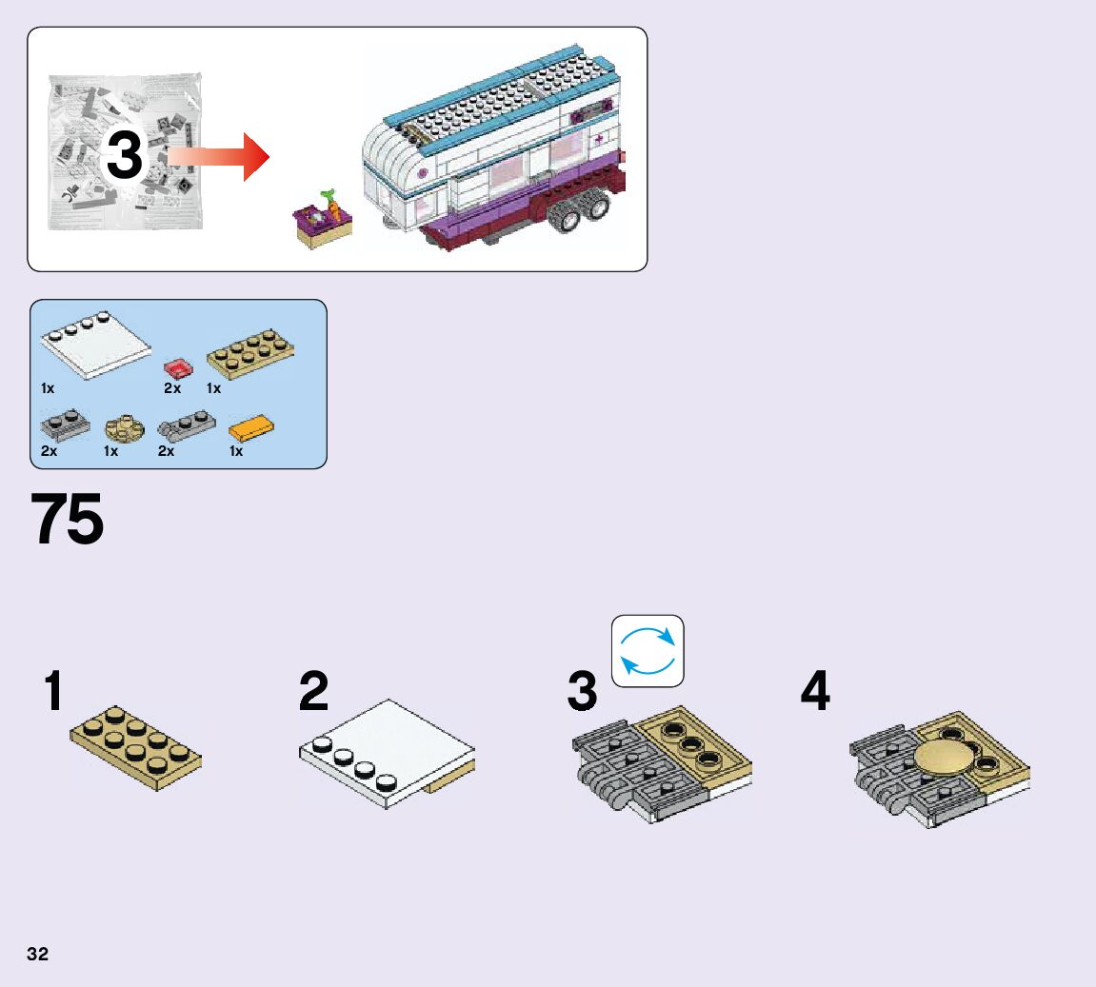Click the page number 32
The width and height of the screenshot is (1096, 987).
[x=38, y=954]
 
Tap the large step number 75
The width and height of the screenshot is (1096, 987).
[x=68, y=520]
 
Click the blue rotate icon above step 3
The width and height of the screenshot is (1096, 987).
[x=648, y=651]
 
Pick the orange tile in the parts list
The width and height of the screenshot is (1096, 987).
[x=252, y=428]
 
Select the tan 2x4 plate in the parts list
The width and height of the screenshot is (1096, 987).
[x=250, y=353]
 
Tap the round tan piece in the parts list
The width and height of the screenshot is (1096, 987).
[x=123, y=428]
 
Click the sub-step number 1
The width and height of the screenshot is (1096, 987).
[x=53, y=692]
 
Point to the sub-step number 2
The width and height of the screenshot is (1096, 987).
[x=313, y=692]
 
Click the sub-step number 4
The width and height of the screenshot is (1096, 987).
[x=815, y=692]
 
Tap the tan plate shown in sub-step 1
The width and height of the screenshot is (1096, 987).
[x=135, y=749]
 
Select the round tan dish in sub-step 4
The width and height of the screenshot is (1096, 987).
[x=945, y=762]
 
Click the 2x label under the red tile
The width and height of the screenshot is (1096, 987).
[x=172, y=388]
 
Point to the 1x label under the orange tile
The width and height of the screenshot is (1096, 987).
[x=236, y=451]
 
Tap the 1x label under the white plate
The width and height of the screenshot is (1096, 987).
[x=48, y=388]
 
